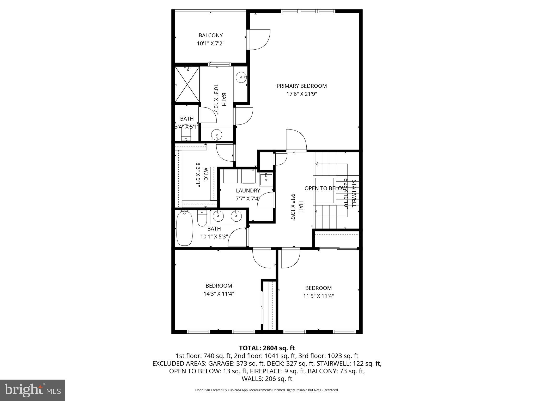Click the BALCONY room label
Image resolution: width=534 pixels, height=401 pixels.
click(x=210, y=35)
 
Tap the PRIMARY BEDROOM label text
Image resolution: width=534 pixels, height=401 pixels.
click(x=301, y=86)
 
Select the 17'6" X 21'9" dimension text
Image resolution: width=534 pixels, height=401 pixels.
click(x=301, y=94)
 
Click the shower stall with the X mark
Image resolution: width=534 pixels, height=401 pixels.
click(x=187, y=84)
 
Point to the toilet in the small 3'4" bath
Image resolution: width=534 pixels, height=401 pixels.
click(x=186, y=135)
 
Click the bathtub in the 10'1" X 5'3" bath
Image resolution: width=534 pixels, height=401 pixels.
click(x=185, y=228)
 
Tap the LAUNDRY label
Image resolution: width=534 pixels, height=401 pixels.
click(x=248, y=191)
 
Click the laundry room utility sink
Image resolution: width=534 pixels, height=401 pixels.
click(x=266, y=179)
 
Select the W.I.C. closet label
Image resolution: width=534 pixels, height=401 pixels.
click(x=206, y=174)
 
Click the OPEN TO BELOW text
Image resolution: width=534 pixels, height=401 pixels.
click(x=325, y=188)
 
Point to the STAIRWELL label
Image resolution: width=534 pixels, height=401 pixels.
click(x=354, y=193)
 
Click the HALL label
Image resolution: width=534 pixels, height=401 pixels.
click(x=300, y=207)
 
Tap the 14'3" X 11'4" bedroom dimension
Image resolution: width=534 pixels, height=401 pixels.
click(x=219, y=294)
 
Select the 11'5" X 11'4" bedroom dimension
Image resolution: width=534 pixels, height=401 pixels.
click(x=318, y=296)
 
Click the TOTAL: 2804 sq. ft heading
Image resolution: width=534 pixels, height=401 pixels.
click(x=267, y=348)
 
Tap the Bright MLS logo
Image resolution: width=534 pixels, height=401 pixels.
click(x=33, y=390)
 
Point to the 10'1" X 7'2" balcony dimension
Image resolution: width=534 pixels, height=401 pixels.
click(x=210, y=43)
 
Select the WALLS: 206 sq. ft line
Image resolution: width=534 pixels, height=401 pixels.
click(x=267, y=379)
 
